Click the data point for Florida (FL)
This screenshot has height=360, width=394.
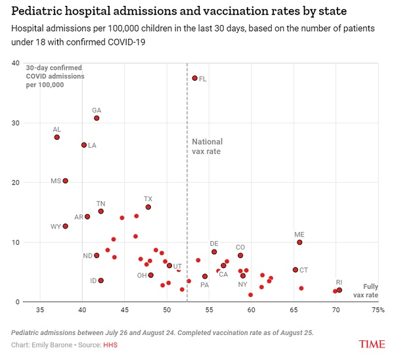coord(194,78)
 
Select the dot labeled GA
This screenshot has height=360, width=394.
coord(97,118)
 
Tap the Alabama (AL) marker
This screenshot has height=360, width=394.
coord(56,137)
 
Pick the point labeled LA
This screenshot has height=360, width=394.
coord(84,145)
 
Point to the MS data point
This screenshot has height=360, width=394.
coord(65,181)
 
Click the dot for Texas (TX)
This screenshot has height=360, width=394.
coord(148,207)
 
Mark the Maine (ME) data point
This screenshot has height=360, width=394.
coord(299,242)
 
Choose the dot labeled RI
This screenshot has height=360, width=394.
coord(339,290)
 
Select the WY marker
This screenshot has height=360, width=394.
coord(65,226)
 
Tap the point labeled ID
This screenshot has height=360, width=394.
coord(100,281)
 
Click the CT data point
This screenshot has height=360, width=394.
coord(295,269)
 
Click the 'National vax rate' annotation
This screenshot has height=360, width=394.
coord(207,146)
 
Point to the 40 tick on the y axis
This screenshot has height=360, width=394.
coord(15,63)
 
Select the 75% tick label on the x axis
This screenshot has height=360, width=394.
coord(378,309)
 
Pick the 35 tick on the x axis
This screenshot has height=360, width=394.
coord(40,309)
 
